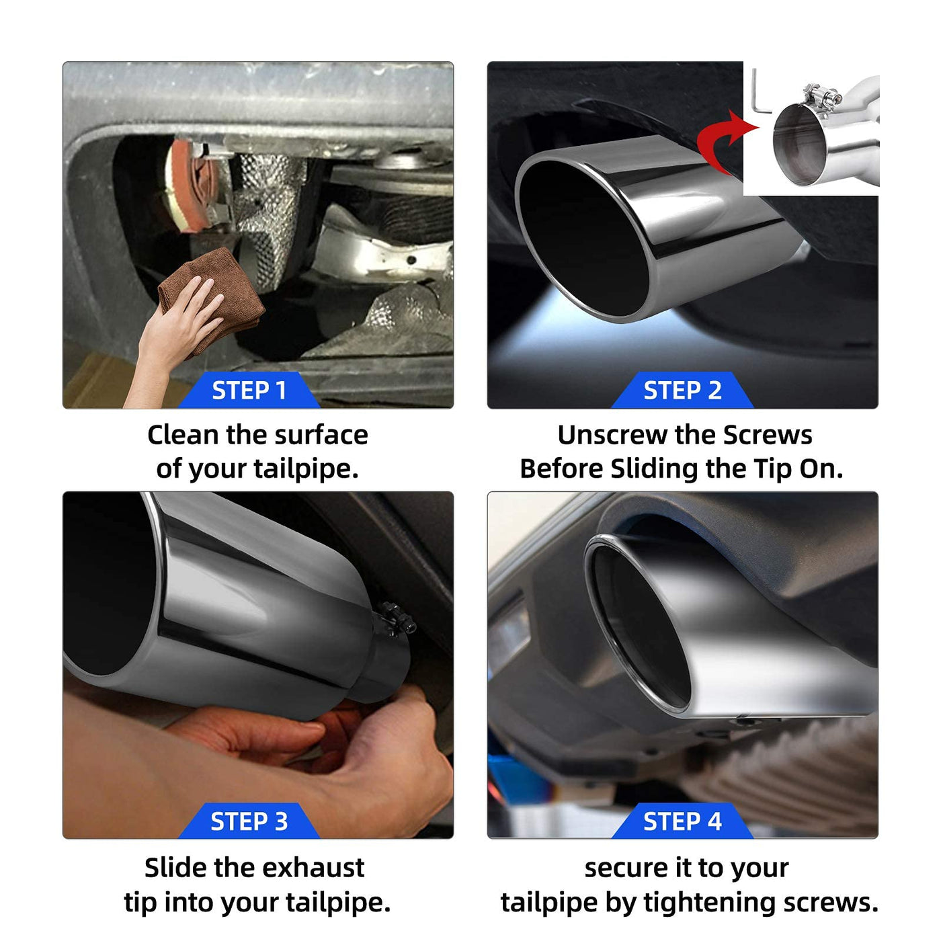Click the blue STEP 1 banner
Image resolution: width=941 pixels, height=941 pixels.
(249, 390)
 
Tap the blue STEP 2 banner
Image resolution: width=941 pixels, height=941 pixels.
(682, 390)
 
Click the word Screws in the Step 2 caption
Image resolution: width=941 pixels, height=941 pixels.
(768, 435)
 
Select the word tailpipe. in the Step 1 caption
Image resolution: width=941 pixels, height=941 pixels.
(306, 470)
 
